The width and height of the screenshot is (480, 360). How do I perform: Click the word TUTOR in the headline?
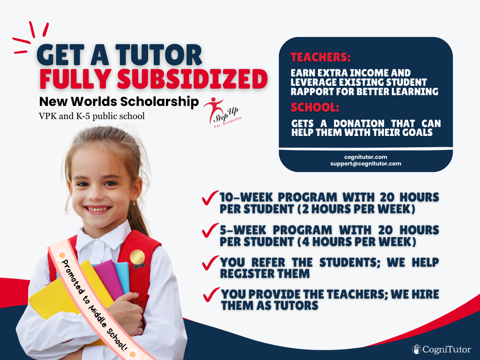point(158,55)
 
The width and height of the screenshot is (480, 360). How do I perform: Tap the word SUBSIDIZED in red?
point(193,79)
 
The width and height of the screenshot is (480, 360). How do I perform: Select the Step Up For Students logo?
point(223,112)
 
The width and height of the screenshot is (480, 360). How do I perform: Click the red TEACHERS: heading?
point(321,58)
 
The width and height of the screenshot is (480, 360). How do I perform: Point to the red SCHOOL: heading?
point(315,107)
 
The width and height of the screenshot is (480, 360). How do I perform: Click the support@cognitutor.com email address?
point(366,164)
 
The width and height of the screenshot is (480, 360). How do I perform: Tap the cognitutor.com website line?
point(366,157)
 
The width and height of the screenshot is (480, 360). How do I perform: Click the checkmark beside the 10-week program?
point(210,197)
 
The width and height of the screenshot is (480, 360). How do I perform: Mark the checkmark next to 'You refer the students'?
point(210,262)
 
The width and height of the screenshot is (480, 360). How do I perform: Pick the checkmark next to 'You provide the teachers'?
point(211,294)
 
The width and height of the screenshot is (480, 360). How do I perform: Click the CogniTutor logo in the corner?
point(441,349)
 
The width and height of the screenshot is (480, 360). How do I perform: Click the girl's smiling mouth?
point(97,210)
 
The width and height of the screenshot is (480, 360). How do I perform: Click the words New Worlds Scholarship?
point(119,102)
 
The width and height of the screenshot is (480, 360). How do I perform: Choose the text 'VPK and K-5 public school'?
point(92,116)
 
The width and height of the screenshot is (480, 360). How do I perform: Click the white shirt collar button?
point(97,244)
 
